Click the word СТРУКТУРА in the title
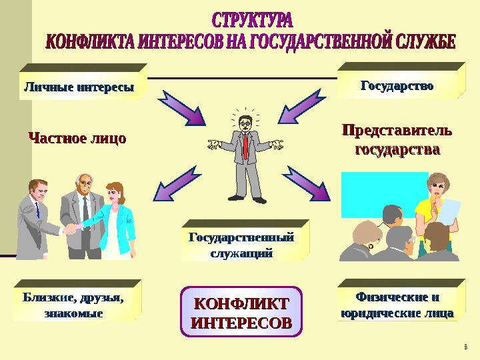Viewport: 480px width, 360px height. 252,18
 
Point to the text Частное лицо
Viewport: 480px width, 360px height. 77,139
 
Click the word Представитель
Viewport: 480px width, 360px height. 396,131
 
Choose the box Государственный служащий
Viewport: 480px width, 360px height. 241,245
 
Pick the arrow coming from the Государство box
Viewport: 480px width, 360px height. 300,109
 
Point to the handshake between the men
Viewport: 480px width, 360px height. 75,228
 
